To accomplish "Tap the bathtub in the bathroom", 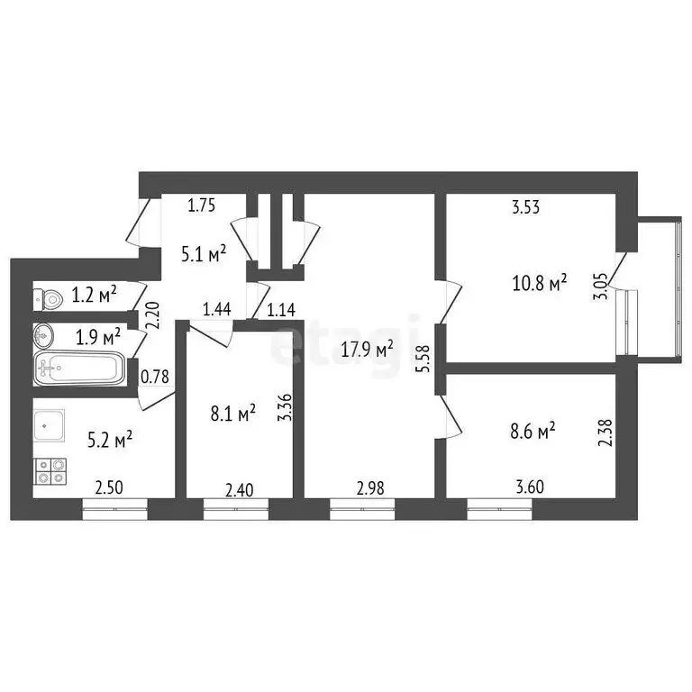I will [x=80, y=369].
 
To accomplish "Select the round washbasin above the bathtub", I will [x=45, y=336].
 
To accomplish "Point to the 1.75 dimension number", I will [x=201, y=205].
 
